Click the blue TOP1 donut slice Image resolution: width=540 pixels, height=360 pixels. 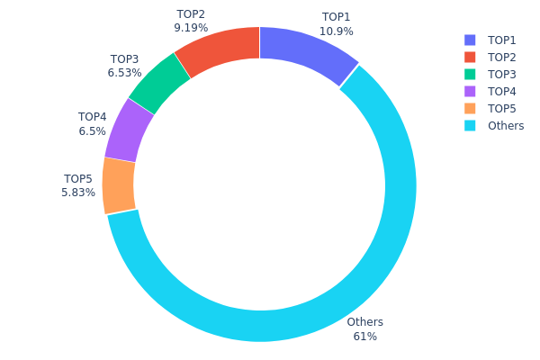[305, 53]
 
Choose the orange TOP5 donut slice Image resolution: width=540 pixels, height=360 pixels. [120, 185]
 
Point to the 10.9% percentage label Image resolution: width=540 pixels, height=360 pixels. [337, 31]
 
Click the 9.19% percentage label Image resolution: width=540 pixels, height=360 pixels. [191, 28]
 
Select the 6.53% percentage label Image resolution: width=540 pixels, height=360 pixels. [124, 73]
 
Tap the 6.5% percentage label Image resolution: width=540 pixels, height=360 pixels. [93, 130]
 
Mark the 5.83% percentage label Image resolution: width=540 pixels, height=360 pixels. [78, 193]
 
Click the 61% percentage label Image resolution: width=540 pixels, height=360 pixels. [365, 337]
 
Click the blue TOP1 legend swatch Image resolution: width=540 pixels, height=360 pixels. [470, 40]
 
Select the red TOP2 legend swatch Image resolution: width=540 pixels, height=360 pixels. [470, 58]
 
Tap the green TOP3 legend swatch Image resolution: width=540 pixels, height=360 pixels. [470, 75]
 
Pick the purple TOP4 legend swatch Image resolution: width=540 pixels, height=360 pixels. [470, 92]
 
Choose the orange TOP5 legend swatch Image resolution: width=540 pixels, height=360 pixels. [470, 109]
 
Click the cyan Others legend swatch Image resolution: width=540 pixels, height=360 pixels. [470, 126]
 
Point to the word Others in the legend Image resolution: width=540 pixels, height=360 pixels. [506, 126]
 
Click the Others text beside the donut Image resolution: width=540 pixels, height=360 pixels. [365, 322]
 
